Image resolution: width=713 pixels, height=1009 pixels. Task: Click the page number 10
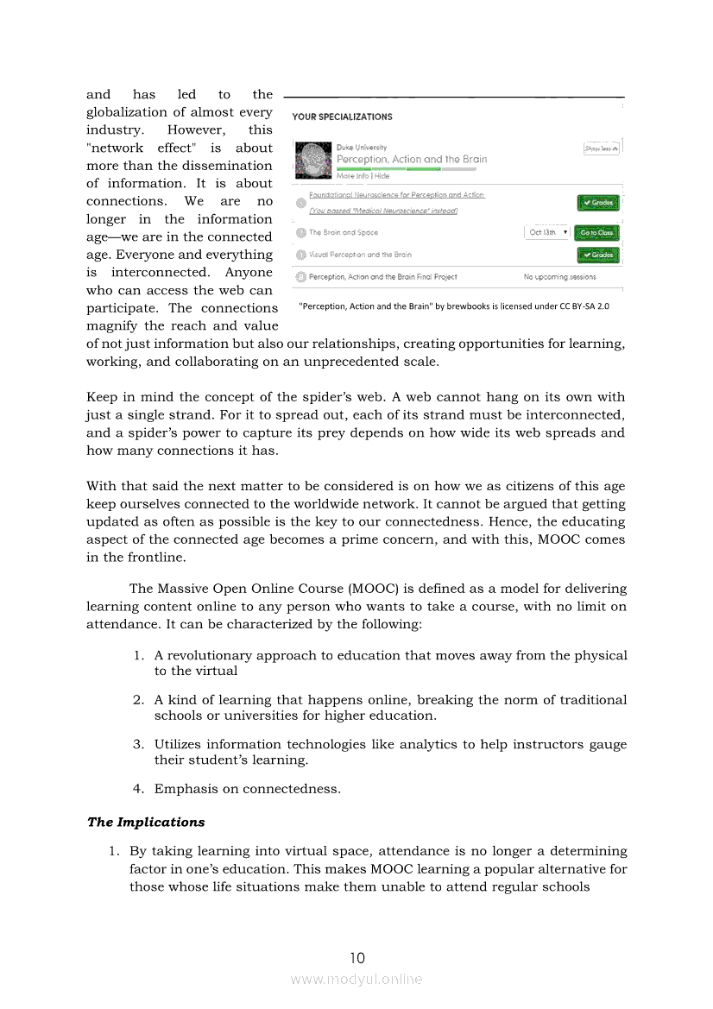click(x=357, y=957)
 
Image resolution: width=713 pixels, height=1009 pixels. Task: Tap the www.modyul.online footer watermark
click(x=356, y=979)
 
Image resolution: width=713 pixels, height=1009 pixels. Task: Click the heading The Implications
click(x=146, y=822)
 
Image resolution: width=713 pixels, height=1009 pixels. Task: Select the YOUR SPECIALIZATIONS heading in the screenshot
click(x=342, y=117)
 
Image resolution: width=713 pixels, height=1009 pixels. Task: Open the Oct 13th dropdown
click(x=547, y=232)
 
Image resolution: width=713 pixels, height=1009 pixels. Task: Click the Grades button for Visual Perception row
click(x=598, y=255)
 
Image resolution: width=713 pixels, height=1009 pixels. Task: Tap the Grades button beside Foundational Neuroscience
click(x=598, y=203)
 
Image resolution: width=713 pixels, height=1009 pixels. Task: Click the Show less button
click(x=602, y=148)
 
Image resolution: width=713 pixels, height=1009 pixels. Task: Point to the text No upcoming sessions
click(x=559, y=277)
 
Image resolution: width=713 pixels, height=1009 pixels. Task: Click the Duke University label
click(x=362, y=148)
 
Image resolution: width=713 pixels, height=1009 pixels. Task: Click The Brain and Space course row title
click(x=344, y=232)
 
